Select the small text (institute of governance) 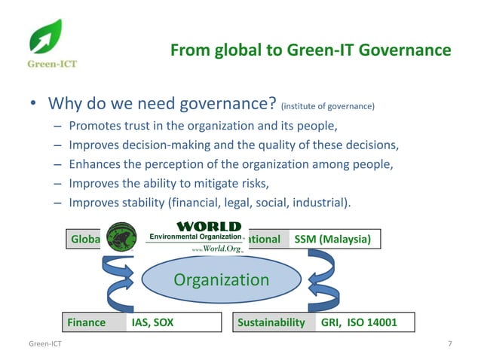[x=327, y=106]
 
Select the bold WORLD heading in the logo [x=208, y=226]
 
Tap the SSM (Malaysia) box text [x=332, y=239]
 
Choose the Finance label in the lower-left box [x=87, y=323]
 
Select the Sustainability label [x=271, y=323]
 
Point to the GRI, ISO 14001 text [x=358, y=323]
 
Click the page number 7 [x=449, y=344]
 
